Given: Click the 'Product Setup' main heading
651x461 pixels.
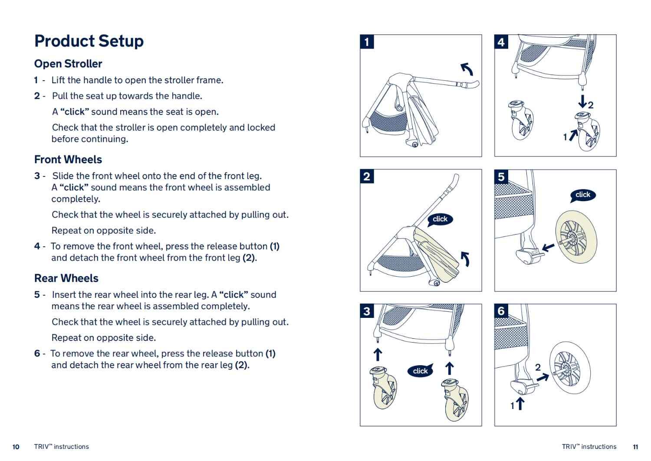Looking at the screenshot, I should (89, 41).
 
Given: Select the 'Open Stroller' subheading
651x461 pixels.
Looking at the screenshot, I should (68, 64).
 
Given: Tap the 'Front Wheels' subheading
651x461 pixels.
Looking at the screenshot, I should (68, 160).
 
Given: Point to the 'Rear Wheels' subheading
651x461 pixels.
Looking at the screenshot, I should (66, 278).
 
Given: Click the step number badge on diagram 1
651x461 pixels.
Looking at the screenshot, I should (367, 42).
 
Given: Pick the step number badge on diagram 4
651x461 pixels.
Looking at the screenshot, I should (501, 42).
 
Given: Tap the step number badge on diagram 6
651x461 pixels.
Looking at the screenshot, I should (501, 311).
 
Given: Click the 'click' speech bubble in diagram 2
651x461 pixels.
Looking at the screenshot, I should (440, 219).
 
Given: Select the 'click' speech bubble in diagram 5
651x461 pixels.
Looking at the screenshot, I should (582, 195).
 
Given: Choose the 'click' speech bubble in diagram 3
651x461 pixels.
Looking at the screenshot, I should (420, 371).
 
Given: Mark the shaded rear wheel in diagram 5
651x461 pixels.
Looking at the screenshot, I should (576, 236).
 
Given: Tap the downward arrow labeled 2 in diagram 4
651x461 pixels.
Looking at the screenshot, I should (582, 102).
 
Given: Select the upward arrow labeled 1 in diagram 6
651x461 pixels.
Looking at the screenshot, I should (519, 404).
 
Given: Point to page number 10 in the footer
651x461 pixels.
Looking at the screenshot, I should (16, 447).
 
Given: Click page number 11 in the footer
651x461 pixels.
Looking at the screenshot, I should (635, 447).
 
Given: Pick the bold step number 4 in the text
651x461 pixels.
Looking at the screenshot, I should (37, 246).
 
